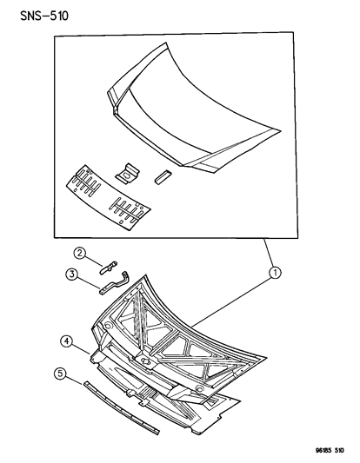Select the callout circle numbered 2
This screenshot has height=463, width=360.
(78, 255)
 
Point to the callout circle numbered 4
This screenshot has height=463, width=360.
(66, 341)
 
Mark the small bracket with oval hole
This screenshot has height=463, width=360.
(129, 174)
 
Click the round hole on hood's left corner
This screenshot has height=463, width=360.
(106, 327)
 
